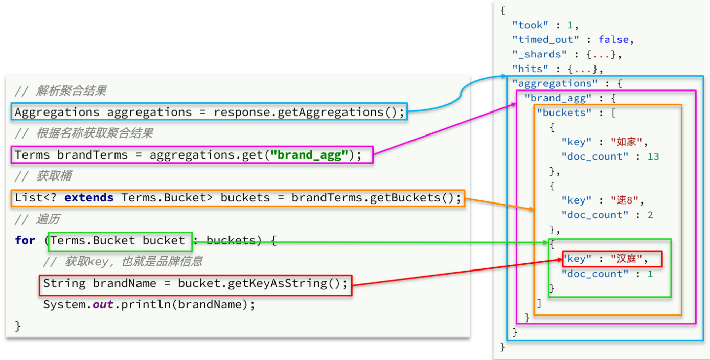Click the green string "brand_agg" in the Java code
309,155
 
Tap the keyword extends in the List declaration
89,198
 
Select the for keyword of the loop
26,240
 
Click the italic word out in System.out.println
103,304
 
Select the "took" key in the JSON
530,25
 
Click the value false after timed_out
613,40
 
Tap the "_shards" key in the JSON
539,55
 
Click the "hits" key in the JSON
530,69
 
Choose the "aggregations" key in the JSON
555,84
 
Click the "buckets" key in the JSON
564,112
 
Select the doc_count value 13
653,156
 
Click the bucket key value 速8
625,200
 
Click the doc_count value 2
650,215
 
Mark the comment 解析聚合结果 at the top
71,91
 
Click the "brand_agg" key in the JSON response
558,98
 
